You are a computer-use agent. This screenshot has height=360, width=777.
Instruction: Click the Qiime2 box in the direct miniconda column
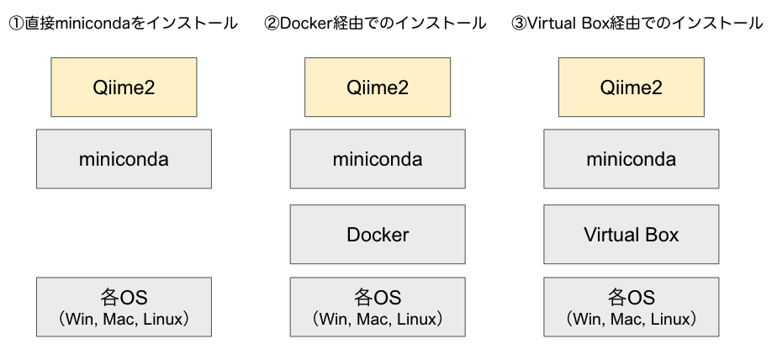coord(124,87)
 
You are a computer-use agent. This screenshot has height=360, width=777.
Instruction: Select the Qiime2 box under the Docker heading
coord(378,87)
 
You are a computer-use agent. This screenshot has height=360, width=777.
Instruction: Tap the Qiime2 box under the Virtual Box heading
coord(631,87)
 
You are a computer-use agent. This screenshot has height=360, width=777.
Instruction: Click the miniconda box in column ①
coord(124,158)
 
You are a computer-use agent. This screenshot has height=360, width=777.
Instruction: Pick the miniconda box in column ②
coord(378,158)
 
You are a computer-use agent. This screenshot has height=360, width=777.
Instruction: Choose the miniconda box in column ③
coord(631,158)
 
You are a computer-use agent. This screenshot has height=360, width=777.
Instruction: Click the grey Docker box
coord(378,235)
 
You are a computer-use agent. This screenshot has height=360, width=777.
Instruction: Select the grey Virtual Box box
coord(631,235)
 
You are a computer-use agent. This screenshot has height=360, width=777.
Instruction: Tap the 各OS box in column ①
coord(124,307)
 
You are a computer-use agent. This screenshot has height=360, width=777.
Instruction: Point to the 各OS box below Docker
coord(378,307)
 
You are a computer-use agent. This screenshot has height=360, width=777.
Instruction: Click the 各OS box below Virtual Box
coord(631,307)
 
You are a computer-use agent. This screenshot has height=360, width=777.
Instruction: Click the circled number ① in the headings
coord(15,24)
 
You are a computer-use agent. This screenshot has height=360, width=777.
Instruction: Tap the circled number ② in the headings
coord(271,24)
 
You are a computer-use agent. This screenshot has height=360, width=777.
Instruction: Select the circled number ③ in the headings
coord(519,24)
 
